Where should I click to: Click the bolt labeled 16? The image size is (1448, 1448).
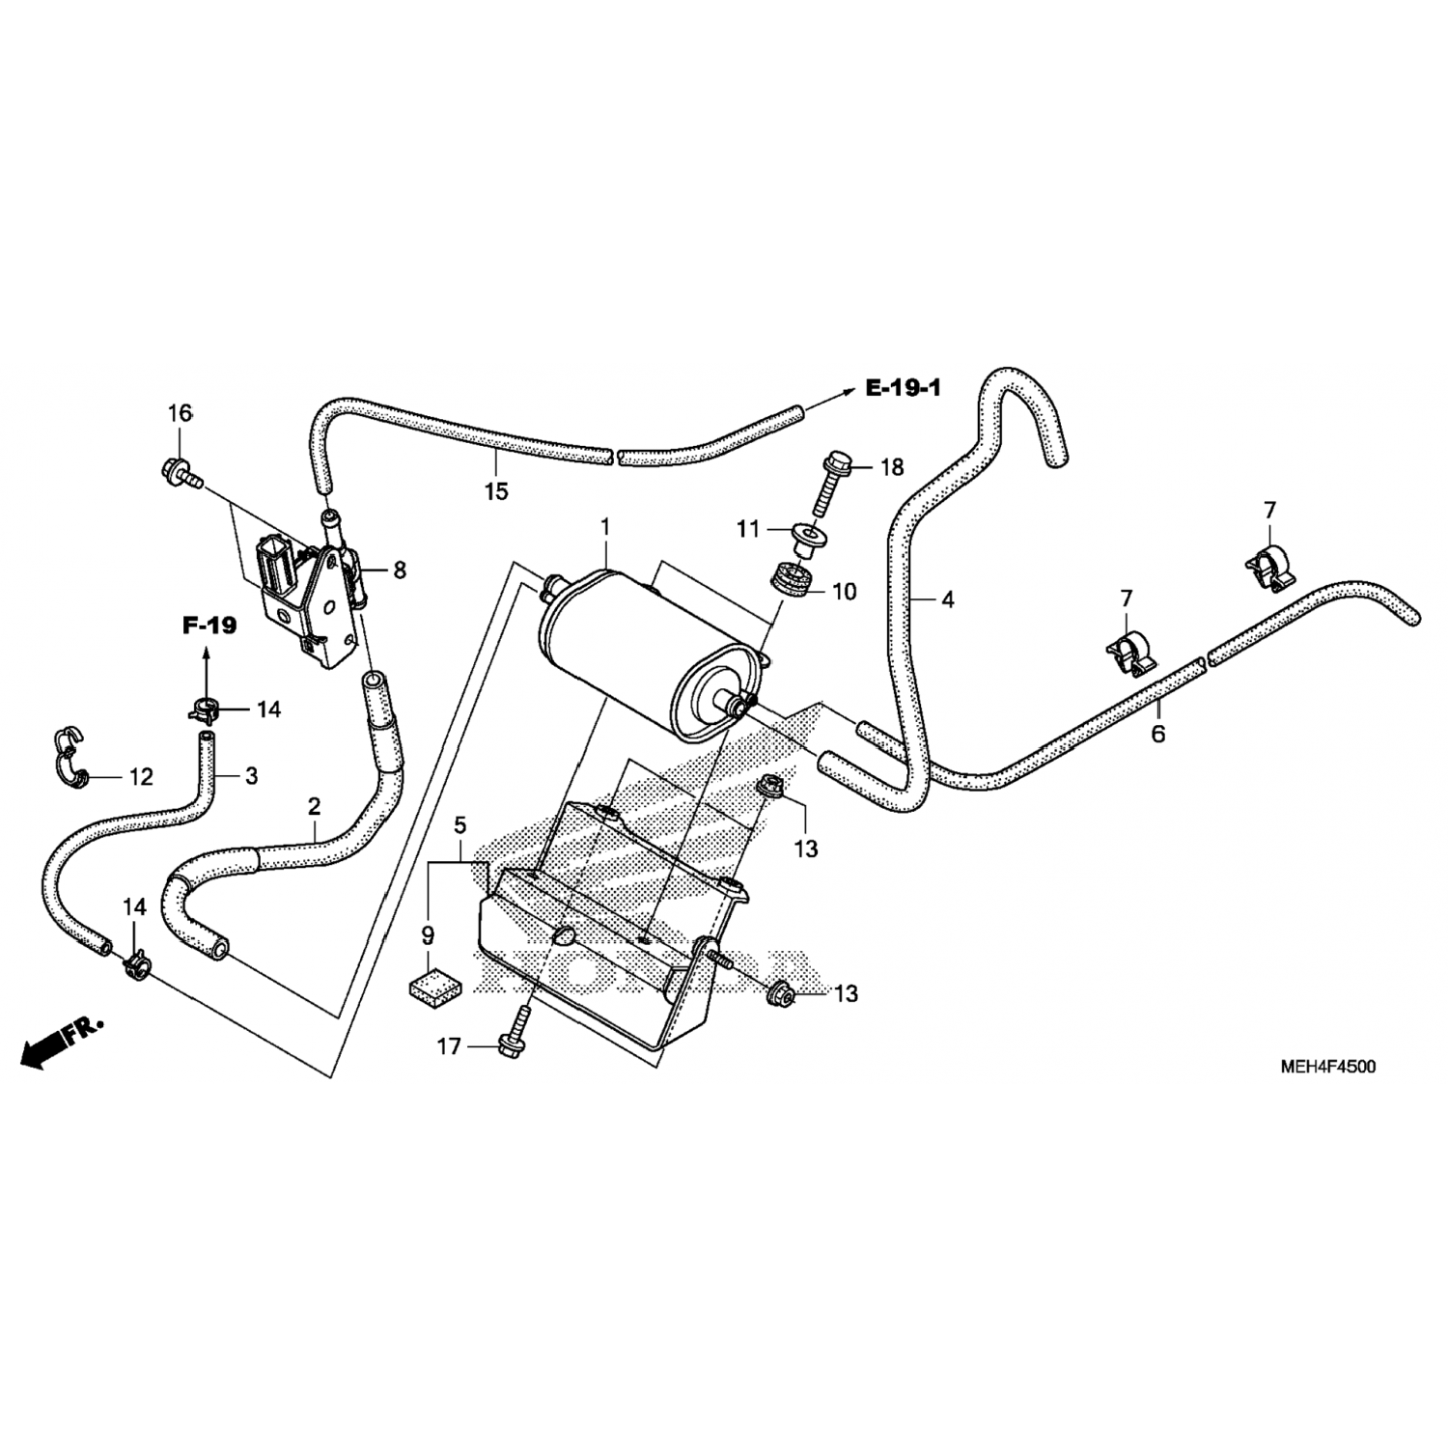(181, 472)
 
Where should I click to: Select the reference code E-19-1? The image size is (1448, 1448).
(903, 388)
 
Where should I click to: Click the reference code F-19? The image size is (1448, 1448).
(209, 626)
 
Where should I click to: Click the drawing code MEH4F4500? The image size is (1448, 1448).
(1327, 1067)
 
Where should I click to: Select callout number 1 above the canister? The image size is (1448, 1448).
(605, 527)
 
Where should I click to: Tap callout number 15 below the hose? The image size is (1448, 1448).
(495, 491)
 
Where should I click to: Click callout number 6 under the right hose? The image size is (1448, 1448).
(1157, 734)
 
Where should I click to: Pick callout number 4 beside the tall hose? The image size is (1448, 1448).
(948, 600)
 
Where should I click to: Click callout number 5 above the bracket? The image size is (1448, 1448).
(460, 825)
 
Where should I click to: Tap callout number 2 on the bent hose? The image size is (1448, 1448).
(314, 805)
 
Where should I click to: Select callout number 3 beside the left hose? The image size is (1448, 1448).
(251, 775)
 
